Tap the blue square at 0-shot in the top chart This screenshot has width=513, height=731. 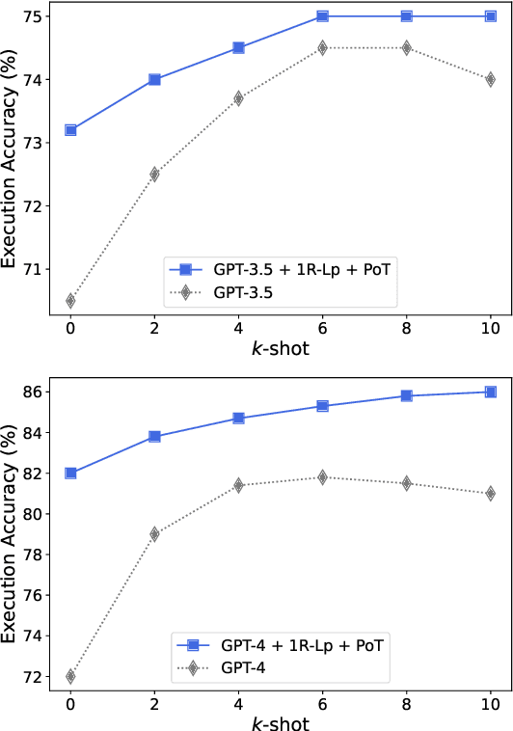(70, 129)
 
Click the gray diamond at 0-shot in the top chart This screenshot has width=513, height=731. (70, 300)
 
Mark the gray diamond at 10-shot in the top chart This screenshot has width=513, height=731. (490, 79)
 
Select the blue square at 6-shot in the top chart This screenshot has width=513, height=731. (322, 16)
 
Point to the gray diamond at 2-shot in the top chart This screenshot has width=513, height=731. (154, 174)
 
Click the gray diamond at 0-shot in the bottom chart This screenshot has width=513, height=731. (70, 676)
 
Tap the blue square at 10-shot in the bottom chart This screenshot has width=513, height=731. (490, 392)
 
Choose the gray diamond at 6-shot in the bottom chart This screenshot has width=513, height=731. (322, 477)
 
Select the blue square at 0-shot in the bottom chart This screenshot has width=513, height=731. (70, 473)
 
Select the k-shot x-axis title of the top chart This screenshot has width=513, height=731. (280, 348)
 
